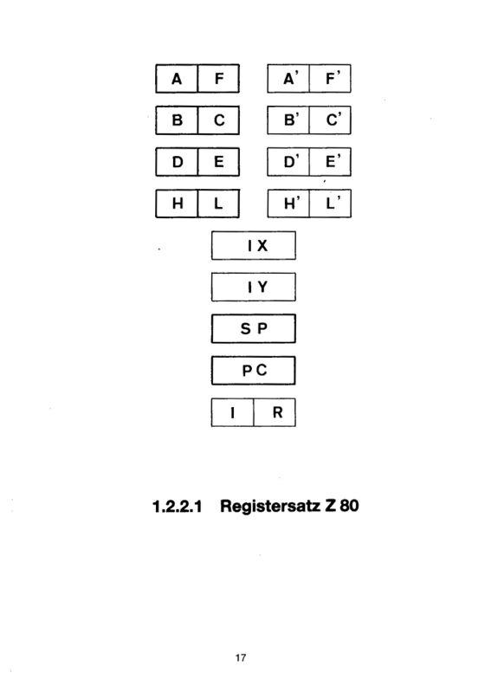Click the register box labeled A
177,79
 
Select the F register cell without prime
218,79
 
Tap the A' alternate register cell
288,79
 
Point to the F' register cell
330,79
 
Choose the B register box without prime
177,120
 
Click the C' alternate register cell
330,120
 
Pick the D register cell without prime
177,162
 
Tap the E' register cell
330,162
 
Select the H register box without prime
177,204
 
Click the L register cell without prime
218,204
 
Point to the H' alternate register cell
288,204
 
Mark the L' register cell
330,204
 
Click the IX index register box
253,245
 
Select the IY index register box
253,287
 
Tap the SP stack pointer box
253,328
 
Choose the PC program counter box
253,371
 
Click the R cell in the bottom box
275,412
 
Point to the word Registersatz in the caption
270,506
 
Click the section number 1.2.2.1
177,506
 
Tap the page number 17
241,657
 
